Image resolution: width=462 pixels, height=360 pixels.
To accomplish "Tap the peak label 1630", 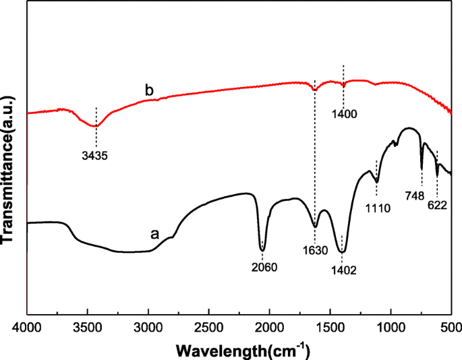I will (315, 250).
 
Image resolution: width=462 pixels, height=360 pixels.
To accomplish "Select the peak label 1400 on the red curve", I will (344, 114).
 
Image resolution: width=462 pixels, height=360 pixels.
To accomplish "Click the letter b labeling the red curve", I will (148, 90).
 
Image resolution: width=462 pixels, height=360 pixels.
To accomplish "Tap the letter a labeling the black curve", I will (154, 234).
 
